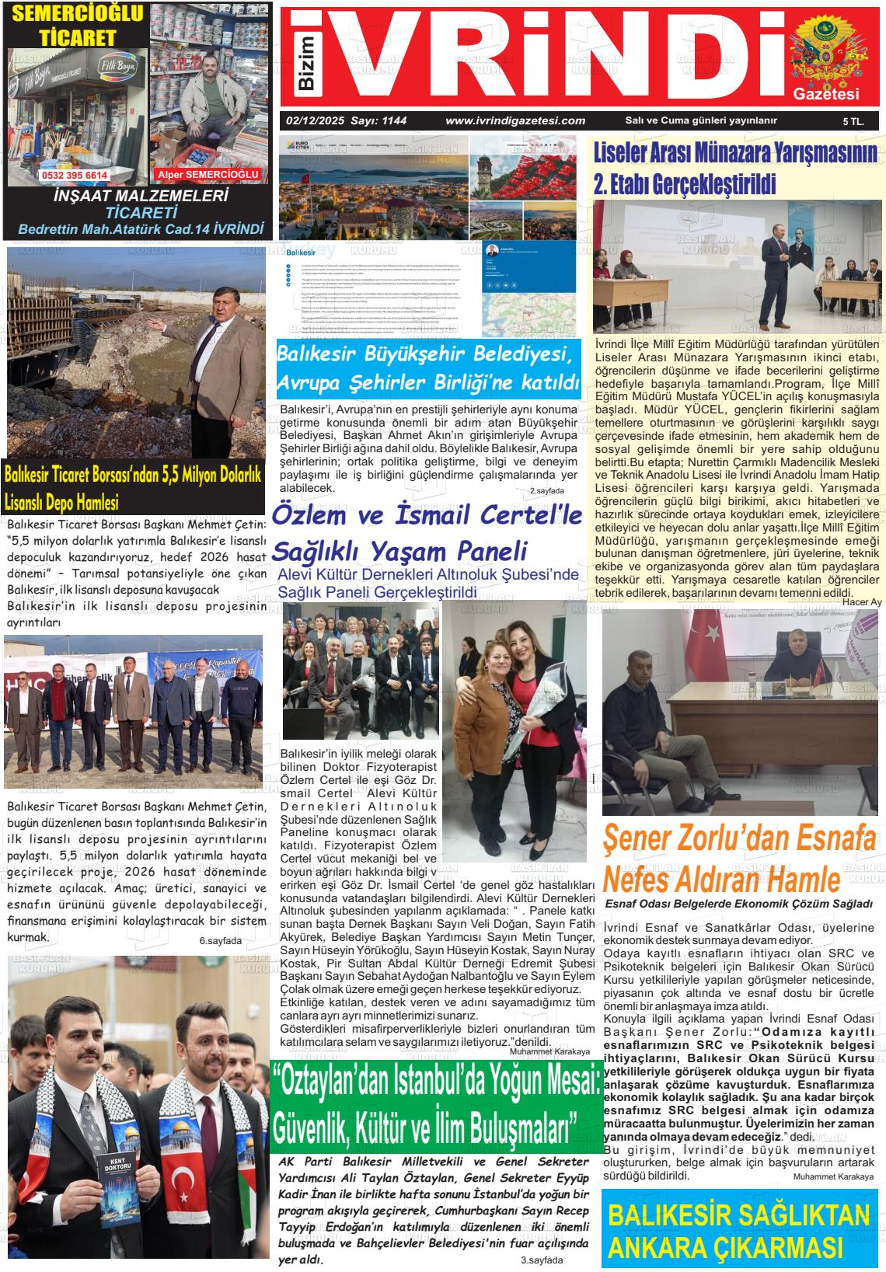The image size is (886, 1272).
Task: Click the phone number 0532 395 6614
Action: [x=75, y=176]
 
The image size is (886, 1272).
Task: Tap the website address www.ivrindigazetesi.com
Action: [x=515, y=120]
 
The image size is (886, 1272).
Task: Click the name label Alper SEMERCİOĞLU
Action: [x=207, y=175]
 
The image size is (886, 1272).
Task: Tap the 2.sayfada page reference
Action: [x=547, y=491]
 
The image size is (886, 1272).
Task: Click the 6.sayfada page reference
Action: [x=221, y=941]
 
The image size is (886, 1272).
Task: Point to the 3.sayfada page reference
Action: [x=541, y=1260]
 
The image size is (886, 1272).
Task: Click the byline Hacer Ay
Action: [x=862, y=602]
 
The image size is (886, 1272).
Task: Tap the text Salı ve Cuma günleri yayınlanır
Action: [x=701, y=120]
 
